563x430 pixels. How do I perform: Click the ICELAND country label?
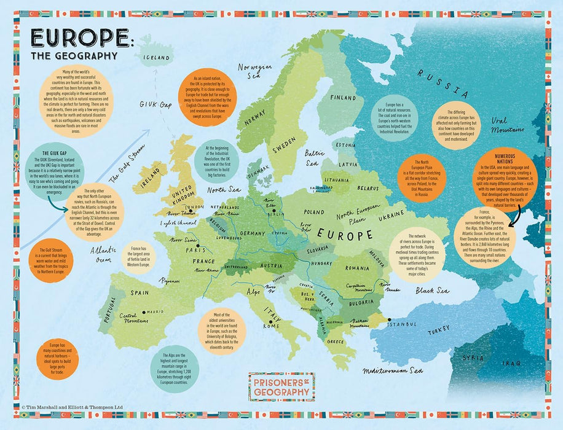pos(157,58)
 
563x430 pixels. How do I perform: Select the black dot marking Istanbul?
pos(389,319)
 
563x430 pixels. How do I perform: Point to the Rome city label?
pos(271,326)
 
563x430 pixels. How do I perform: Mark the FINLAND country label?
pos(343,98)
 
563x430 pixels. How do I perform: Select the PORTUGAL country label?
pos(111,309)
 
